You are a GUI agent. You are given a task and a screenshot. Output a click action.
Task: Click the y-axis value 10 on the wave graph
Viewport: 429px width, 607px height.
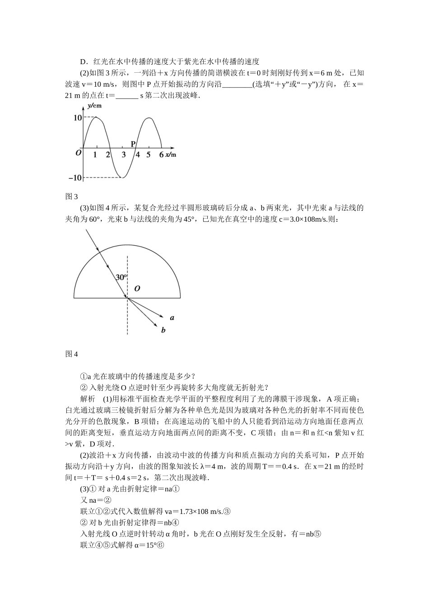tap(77, 118)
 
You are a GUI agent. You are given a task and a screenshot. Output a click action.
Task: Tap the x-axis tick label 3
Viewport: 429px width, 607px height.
tap(124, 155)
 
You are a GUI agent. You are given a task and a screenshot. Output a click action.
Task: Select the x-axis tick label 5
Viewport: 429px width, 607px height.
tap(148, 155)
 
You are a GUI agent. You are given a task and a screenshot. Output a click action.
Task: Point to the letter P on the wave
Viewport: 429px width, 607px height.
tap(133, 144)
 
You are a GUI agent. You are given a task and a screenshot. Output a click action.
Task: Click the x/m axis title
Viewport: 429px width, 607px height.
tap(170, 155)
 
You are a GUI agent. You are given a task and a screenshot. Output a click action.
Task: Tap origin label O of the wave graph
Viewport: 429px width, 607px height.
tap(78, 154)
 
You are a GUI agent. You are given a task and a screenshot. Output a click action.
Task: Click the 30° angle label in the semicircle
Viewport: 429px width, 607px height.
tap(121, 277)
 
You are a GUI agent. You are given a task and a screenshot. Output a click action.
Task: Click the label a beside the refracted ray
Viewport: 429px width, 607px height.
tap(172, 318)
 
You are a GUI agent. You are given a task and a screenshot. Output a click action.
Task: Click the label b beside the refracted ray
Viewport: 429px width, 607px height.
tap(163, 330)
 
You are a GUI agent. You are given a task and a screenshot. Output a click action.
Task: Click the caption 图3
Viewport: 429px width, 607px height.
tap(72, 196)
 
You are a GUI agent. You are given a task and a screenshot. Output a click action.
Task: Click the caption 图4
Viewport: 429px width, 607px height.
tap(72, 354)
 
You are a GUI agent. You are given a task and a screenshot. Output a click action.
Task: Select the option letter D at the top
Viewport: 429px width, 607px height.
tap(83, 62)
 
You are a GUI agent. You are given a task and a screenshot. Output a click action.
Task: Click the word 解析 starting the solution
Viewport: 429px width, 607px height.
tap(88, 399)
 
